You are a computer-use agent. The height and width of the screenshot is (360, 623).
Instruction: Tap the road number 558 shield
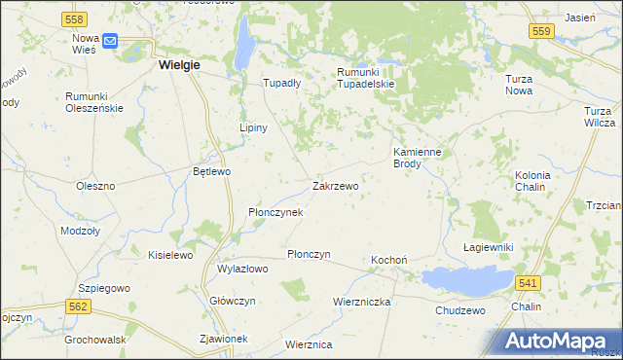[x=73, y=19]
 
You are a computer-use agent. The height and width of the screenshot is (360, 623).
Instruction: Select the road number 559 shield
[x=542, y=32]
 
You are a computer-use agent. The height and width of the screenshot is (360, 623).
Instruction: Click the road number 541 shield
[x=527, y=282]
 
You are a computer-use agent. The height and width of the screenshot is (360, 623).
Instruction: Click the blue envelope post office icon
[x=109, y=41]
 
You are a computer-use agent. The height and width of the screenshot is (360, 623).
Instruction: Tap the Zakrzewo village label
[x=336, y=185]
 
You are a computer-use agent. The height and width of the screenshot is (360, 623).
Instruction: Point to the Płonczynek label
[x=275, y=211]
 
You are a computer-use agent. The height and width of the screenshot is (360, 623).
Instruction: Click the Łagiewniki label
[x=489, y=247]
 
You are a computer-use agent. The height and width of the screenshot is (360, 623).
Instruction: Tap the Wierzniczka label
[x=361, y=302]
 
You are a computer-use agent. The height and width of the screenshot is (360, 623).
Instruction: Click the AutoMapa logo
[x=560, y=340]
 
